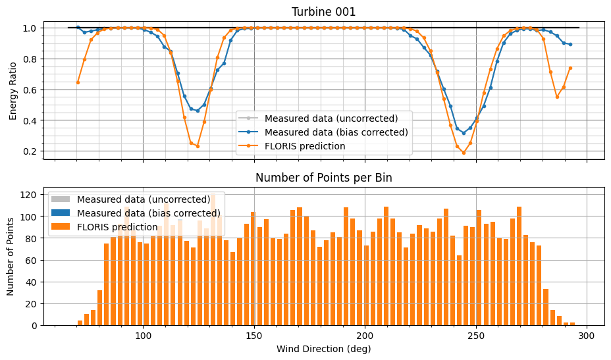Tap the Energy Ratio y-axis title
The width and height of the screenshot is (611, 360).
pyautogui.click(x=13, y=90)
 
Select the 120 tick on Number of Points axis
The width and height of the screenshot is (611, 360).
pyautogui.click(x=28, y=195)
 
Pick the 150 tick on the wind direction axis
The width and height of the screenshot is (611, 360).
pyautogui.click(x=254, y=335)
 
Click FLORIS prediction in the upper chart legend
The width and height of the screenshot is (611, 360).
pyautogui.click(x=305, y=146)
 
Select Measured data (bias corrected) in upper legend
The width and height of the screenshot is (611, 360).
pyautogui.click(x=336, y=132)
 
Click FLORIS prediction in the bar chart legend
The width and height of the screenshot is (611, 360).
pyautogui.click(x=117, y=227)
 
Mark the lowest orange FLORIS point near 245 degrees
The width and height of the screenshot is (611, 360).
pyautogui.click(x=464, y=153)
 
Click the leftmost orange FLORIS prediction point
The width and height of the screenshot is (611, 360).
pyautogui.click(x=78, y=82)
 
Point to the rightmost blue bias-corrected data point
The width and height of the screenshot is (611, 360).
pyautogui.click(x=570, y=44)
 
